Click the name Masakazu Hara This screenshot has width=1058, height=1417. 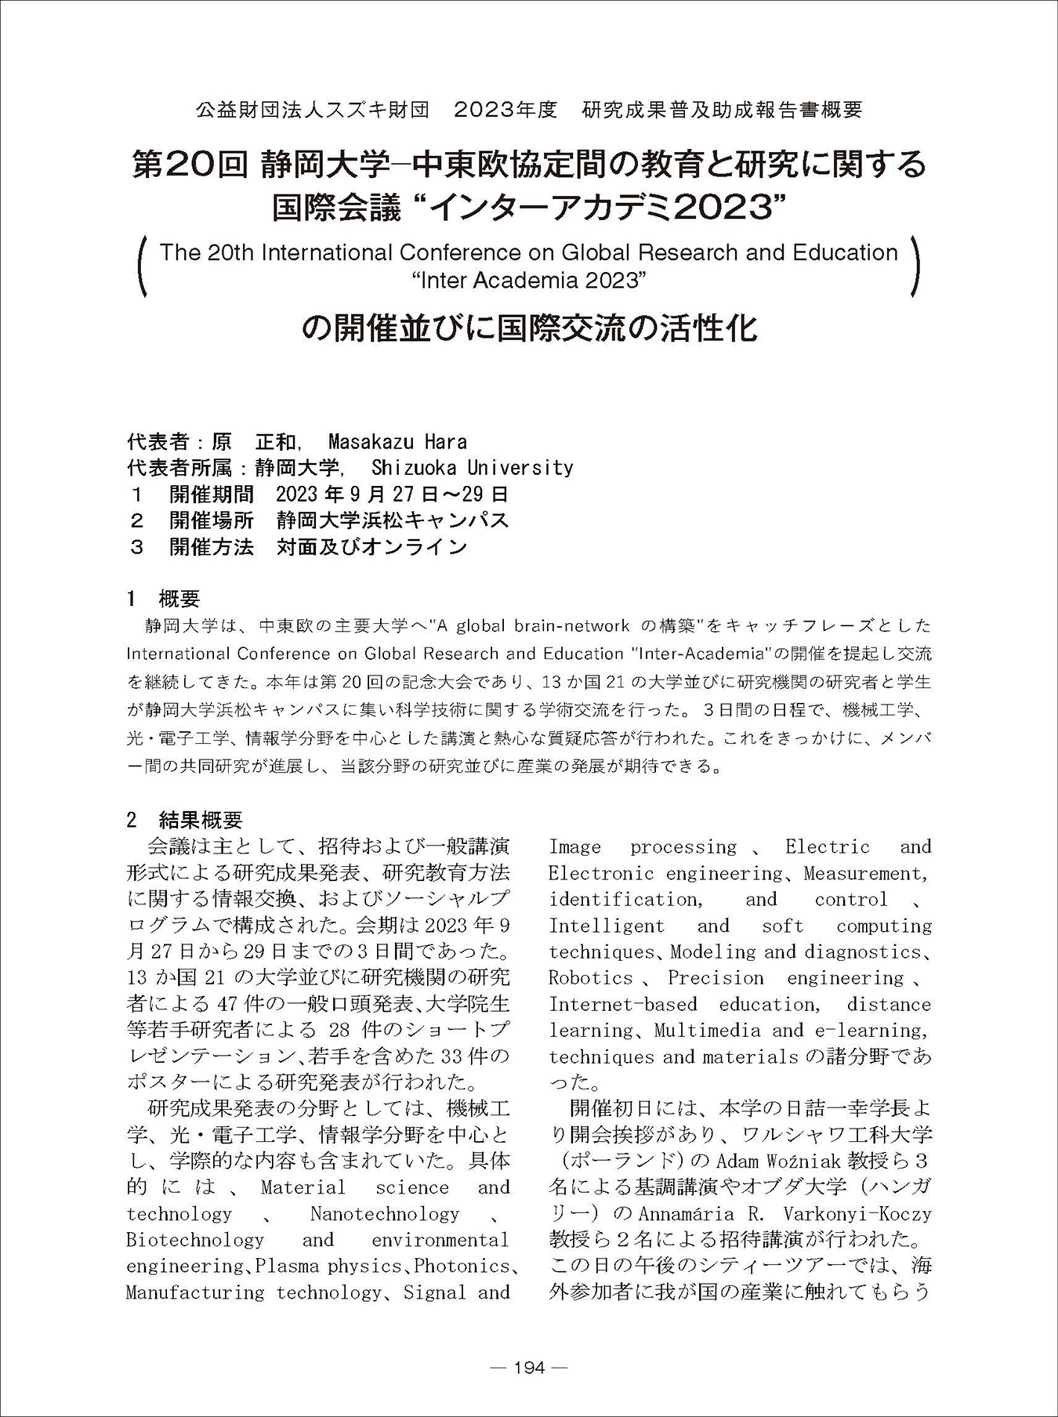click(397, 441)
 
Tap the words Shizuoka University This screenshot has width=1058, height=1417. click(472, 468)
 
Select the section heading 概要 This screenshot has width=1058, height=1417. click(179, 600)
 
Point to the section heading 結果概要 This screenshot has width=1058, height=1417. click(201, 820)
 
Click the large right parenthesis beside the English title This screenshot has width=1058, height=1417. click(915, 267)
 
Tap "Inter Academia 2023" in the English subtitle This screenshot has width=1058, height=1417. click(529, 279)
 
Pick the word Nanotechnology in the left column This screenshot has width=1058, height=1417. click(384, 1214)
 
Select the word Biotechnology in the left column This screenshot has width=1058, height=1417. click(195, 1240)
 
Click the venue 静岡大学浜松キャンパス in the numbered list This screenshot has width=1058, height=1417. click(393, 520)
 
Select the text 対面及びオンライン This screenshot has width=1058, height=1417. click(371, 547)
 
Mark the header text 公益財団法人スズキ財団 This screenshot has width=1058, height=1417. click(313, 110)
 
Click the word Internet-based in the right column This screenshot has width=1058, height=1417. click(622, 1005)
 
